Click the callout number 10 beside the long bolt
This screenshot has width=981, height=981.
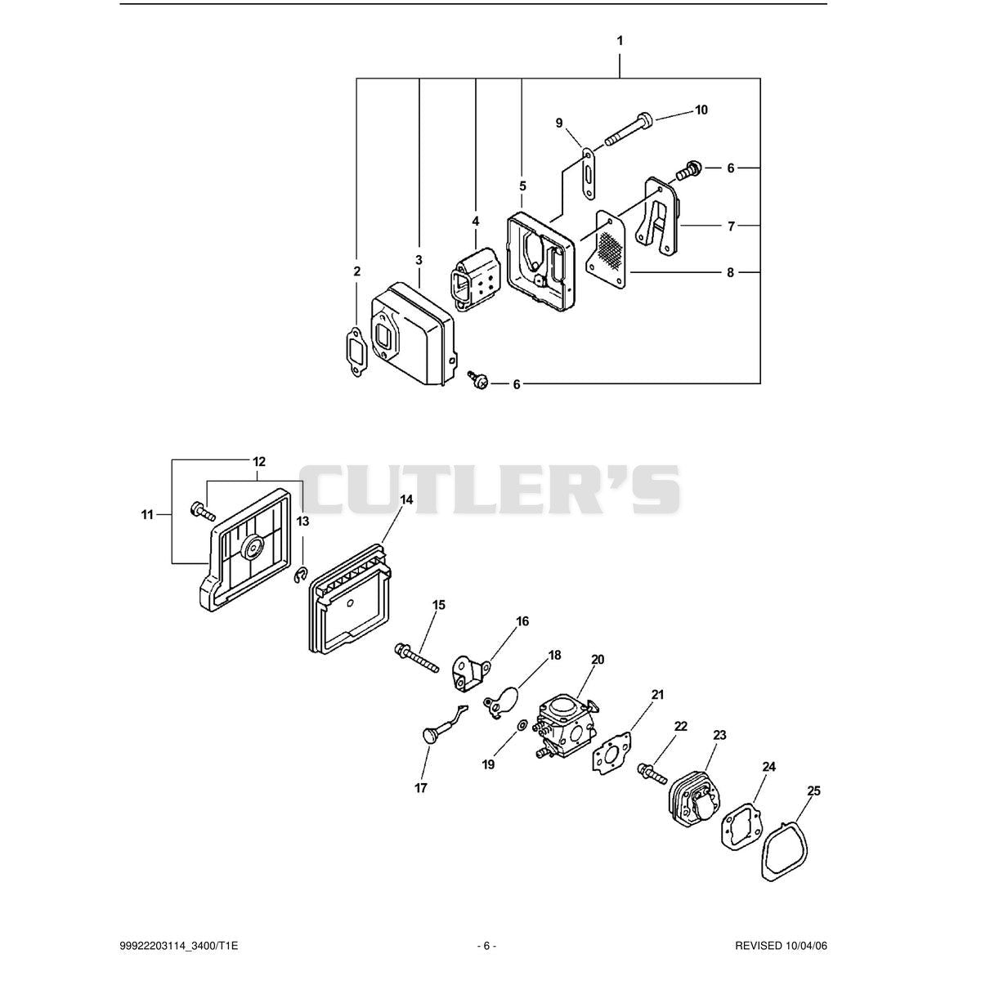pos(701,110)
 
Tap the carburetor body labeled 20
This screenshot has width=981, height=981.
pos(566,728)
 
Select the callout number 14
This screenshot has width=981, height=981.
pos(405,499)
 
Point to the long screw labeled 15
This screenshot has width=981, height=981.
pos(416,658)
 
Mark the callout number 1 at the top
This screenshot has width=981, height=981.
pos(620,41)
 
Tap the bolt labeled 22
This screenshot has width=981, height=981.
pos(652,773)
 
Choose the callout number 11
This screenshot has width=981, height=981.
pos(147,515)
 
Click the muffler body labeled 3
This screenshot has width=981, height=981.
pos(413,335)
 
